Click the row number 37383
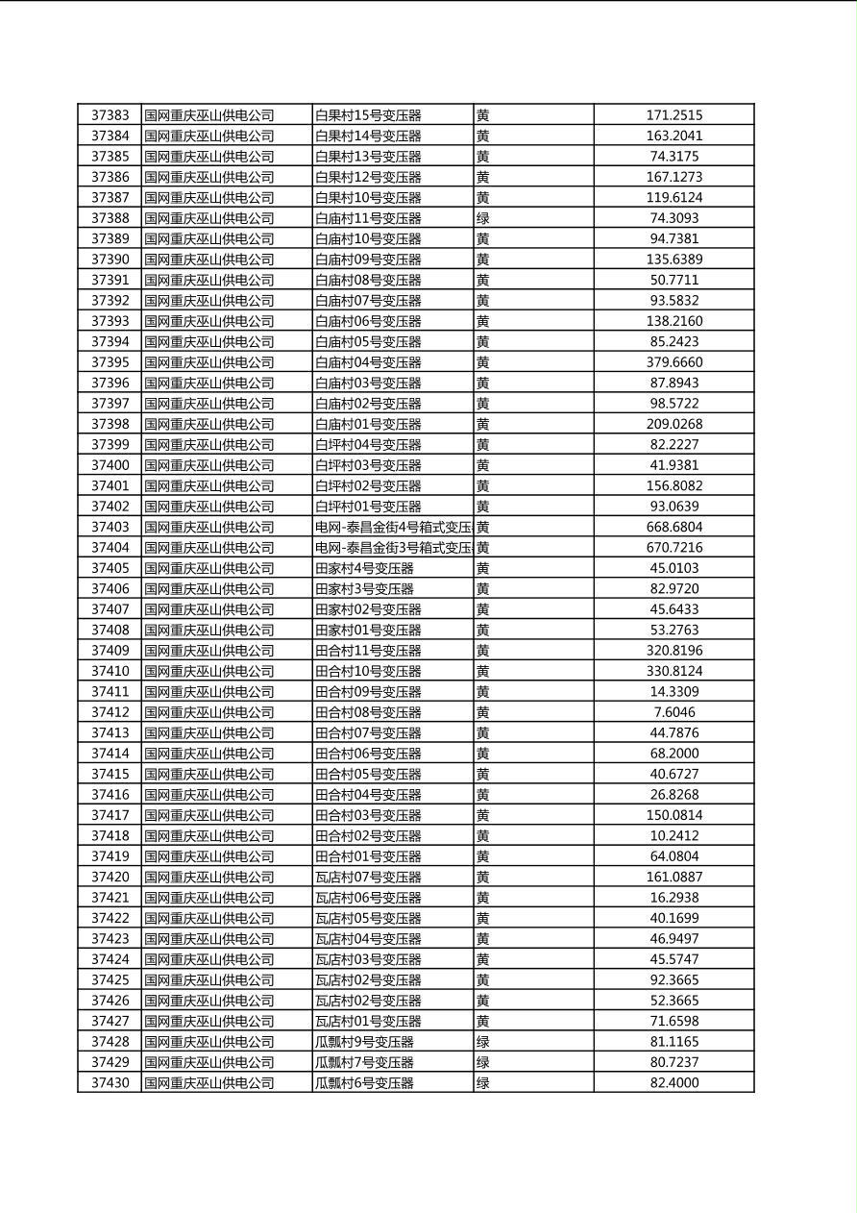pyautogui.click(x=110, y=115)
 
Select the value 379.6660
pyautogui.click(x=673, y=362)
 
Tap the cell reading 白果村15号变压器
pyautogui.click(x=368, y=115)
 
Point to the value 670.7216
pyautogui.click(x=673, y=548)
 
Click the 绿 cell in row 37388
pyautogui.click(x=483, y=218)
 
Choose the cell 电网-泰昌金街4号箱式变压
pyautogui.click(x=393, y=527)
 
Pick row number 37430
pyautogui.click(x=110, y=1083)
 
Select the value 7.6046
pyautogui.click(x=673, y=712)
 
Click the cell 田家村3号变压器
pyautogui.click(x=364, y=589)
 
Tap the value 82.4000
pyautogui.click(x=673, y=1083)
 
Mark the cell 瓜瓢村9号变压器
pyautogui.click(x=364, y=1042)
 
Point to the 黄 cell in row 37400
pyautogui.click(x=483, y=465)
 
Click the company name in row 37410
pyautogui.click(x=209, y=671)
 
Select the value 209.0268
pyautogui.click(x=673, y=424)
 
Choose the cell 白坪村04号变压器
pyautogui.click(x=368, y=445)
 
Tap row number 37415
pyautogui.click(x=110, y=774)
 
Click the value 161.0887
pyautogui.click(x=673, y=877)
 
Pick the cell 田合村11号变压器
pyautogui.click(x=368, y=651)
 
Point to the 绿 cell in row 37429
pyautogui.click(x=483, y=1062)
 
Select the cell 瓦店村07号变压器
pyautogui.click(x=368, y=877)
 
